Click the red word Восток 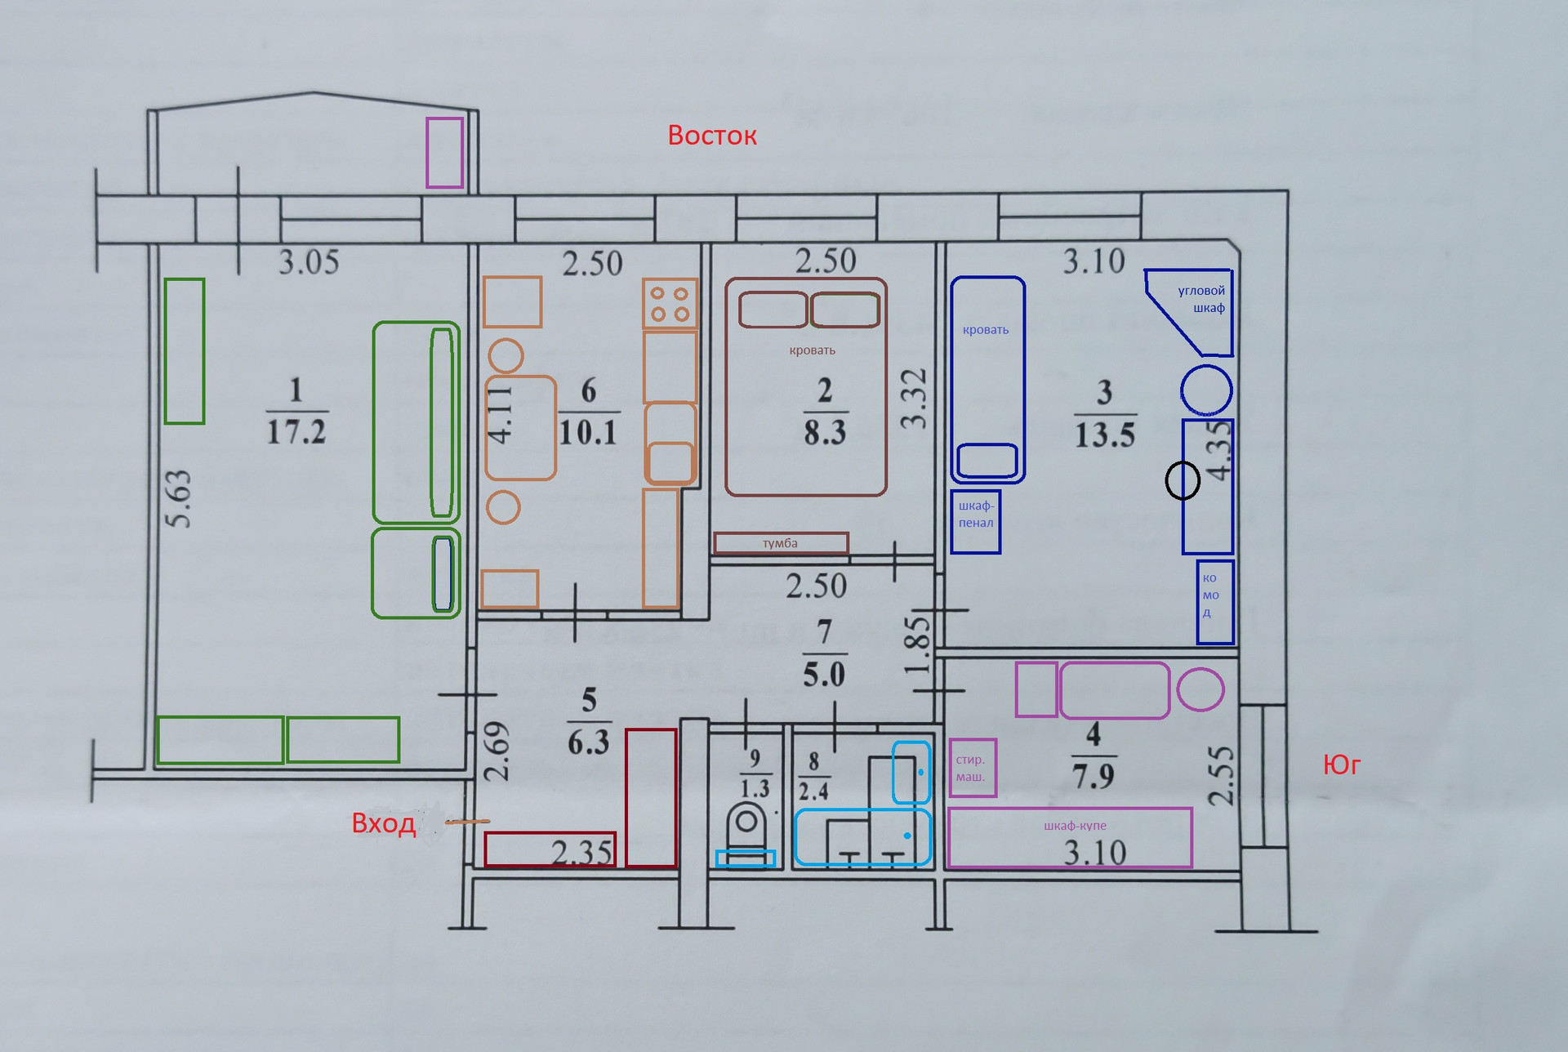point(712,135)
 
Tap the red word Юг point(1342,764)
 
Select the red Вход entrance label point(383,822)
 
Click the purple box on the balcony point(444,153)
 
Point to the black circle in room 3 point(1182,480)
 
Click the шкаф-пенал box point(976,522)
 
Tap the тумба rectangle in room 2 point(781,543)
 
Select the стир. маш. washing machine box point(972,767)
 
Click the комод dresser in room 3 point(1214,602)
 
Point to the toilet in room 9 point(746,828)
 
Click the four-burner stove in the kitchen point(670,304)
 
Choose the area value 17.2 point(296,431)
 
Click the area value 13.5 point(1104,435)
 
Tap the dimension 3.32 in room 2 point(914,399)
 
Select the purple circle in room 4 point(1200,690)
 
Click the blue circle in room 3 point(1206,390)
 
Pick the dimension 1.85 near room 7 point(918,644)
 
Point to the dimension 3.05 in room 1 point(309,262)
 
